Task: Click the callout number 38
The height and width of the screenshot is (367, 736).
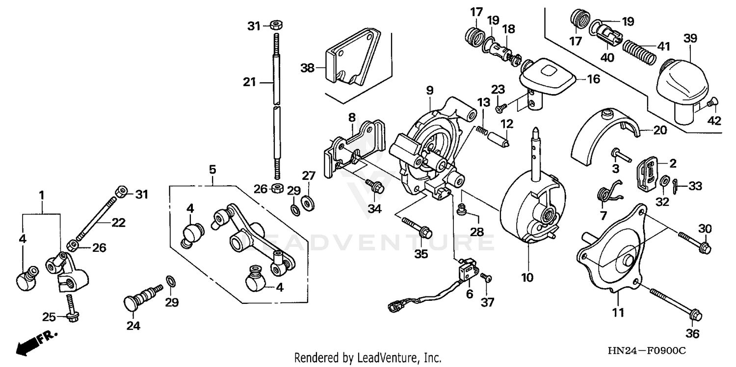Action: (x=307, y=69)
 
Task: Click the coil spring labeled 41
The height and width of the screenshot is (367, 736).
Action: (x=639, y=51)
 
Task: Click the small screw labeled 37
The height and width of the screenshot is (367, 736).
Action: (x=486, y=278)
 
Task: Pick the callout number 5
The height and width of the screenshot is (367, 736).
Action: (x=212, y=170)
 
